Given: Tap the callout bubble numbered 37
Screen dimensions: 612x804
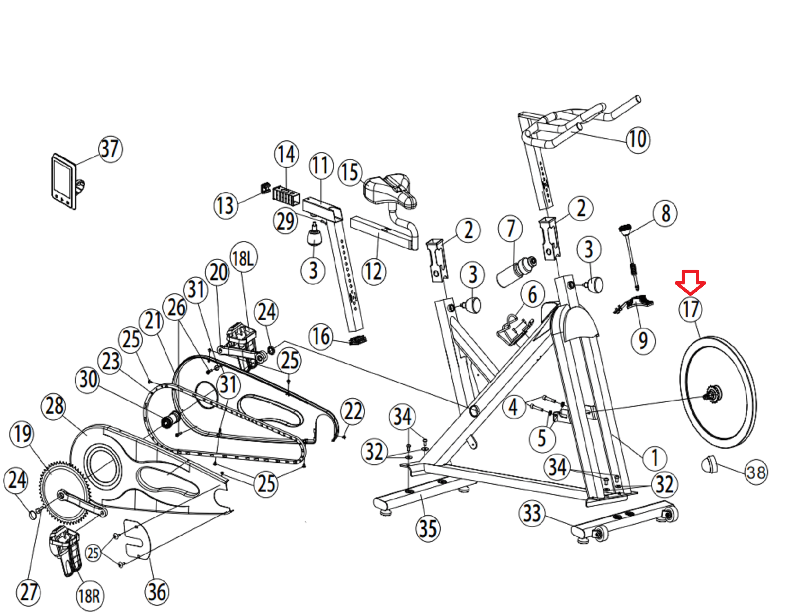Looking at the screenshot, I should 110,149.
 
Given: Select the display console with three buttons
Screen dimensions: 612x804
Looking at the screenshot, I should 64,182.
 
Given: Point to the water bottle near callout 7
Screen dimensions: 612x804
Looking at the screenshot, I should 516,271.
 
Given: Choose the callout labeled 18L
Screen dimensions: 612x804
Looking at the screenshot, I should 243,258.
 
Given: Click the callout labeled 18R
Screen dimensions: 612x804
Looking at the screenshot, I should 89,596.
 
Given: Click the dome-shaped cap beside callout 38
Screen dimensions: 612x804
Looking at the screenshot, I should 710,464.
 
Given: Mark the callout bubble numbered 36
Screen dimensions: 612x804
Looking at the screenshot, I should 157,592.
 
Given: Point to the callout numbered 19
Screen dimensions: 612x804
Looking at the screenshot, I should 22,434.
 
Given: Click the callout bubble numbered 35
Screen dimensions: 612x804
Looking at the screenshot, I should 428,528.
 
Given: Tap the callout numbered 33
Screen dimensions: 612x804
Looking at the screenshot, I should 532,513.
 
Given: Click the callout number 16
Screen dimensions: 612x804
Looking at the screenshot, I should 321,337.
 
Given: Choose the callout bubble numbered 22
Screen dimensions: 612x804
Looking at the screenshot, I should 352,411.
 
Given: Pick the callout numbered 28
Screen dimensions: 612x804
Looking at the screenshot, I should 54,406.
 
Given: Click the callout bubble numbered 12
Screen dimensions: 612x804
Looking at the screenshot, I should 373,272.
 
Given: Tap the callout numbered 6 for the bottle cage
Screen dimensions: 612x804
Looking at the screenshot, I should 532,295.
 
